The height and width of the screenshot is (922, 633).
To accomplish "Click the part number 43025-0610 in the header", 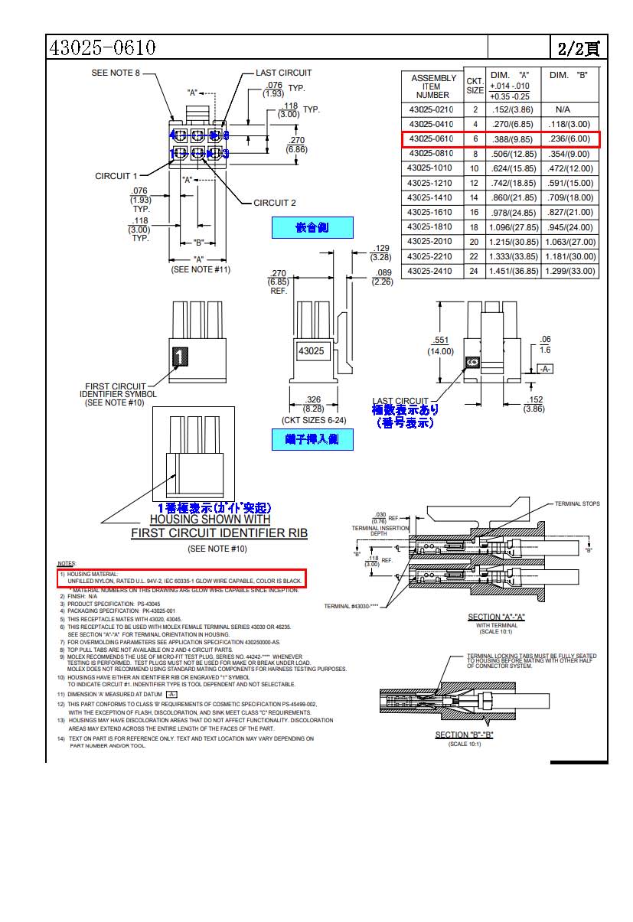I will click(103, 47).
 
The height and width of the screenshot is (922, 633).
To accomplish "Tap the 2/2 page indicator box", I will click(579, 48).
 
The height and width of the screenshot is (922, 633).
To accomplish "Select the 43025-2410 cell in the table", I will click(431, 271).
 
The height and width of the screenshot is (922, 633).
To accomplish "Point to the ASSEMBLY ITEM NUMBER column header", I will click(432, 86).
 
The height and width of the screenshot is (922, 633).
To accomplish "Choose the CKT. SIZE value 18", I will click(474, 227).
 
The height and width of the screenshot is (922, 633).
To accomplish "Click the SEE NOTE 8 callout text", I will click(116, 73).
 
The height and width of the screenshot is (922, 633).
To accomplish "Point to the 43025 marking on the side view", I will click(311, 351).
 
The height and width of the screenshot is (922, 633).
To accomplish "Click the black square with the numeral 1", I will click(179, 357).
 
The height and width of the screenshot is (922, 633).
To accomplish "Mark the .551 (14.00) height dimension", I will click(440, 346).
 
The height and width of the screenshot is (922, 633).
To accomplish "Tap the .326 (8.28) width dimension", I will click(312, 404).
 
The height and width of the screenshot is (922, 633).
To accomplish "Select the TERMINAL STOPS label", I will click(577, 504).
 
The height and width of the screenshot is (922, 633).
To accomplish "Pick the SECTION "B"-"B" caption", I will click(465, 735).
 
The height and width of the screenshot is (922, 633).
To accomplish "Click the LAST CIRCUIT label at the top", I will click(283, 73).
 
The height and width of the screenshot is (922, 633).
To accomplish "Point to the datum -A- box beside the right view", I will click(544, 369).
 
